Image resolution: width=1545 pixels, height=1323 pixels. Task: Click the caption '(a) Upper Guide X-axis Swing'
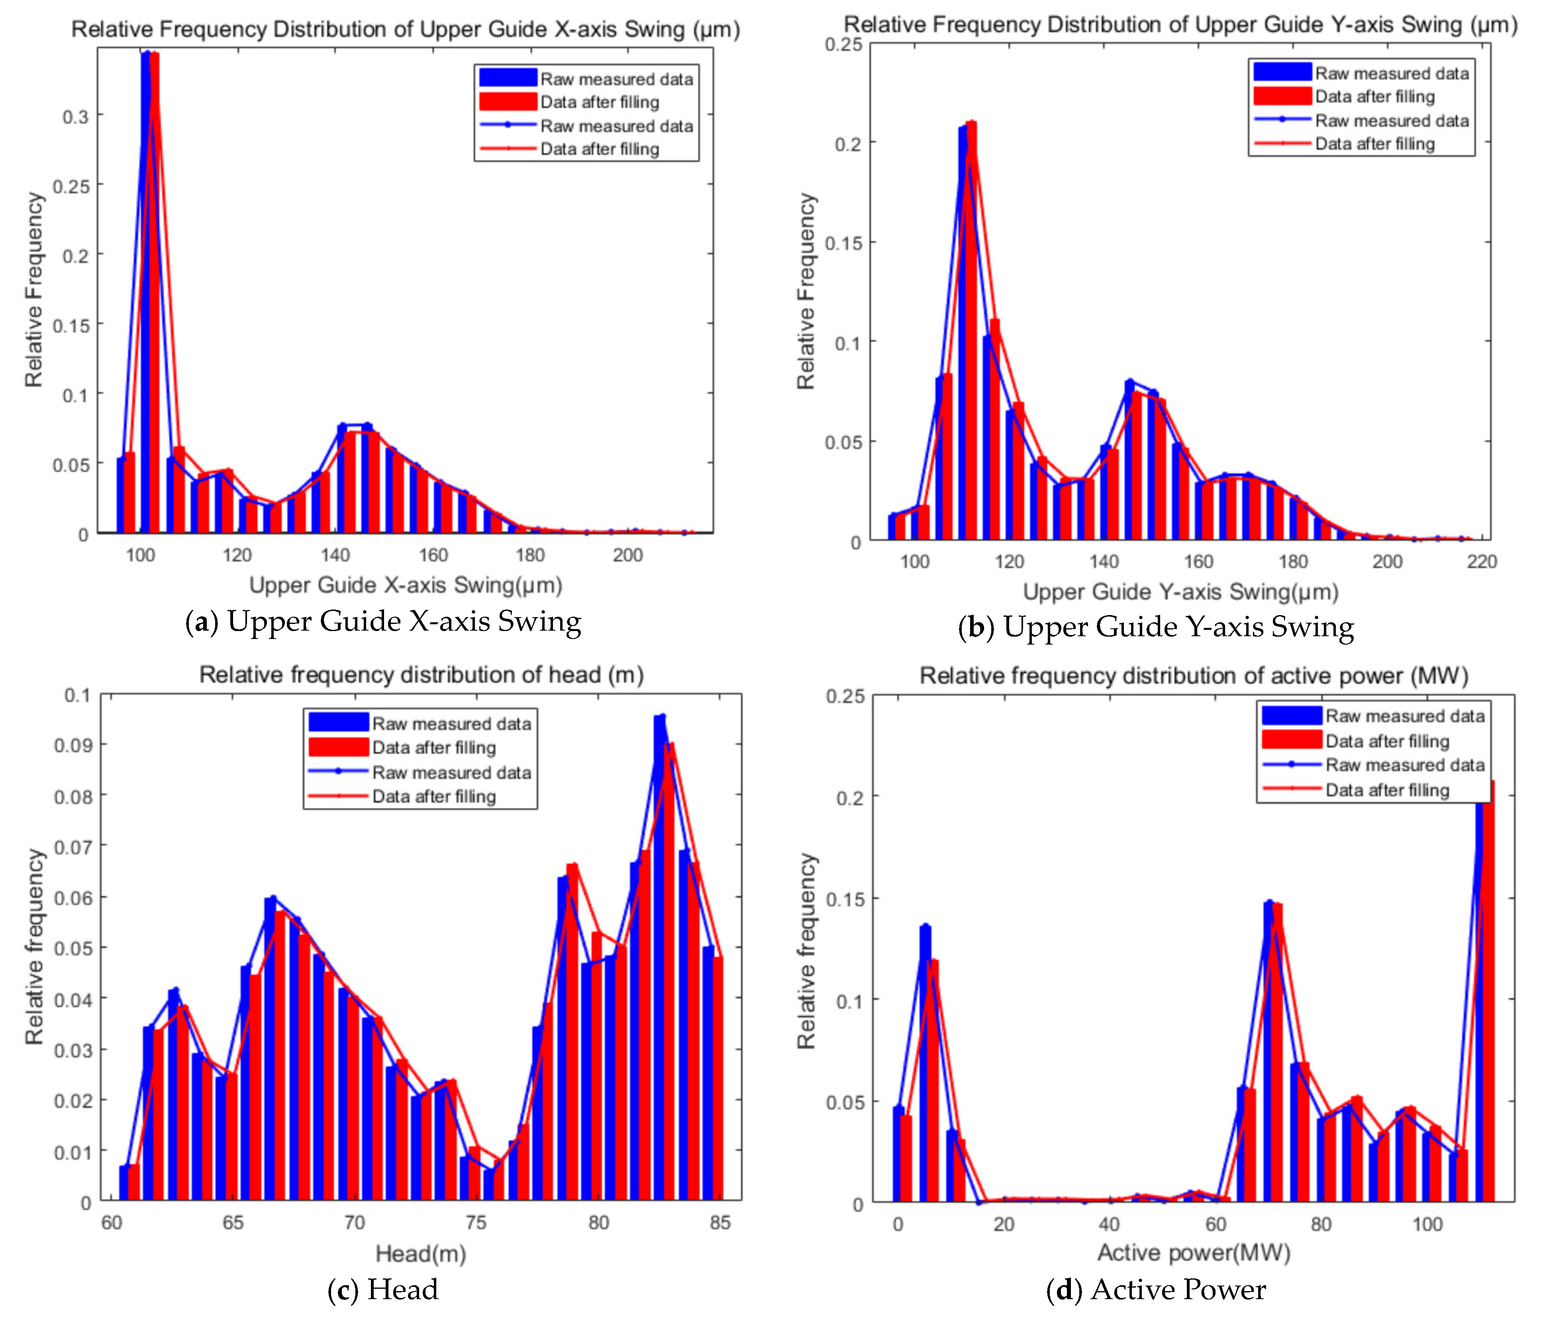click(382, 621)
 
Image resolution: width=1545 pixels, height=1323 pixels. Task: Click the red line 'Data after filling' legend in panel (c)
click(338, 796)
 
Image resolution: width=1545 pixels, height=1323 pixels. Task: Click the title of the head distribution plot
click(421, 674)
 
